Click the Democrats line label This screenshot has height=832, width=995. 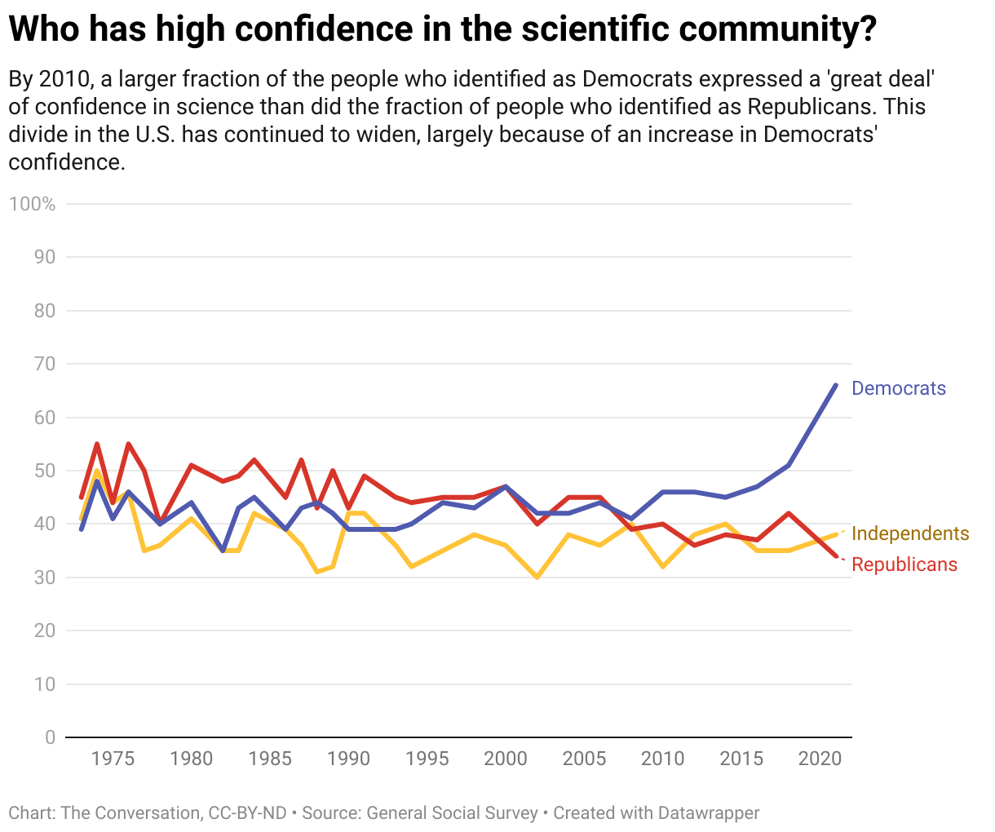click(898, 388)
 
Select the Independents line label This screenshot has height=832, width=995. click(910, 533)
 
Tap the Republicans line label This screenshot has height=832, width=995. click(904, 564)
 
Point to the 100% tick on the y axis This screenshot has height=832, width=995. click(33, 204)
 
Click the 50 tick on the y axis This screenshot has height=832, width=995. click(45, 471)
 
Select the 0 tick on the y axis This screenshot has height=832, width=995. click(51, 737)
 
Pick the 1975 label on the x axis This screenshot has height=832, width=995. click(113, 759)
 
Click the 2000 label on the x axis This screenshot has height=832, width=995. click(506, 759)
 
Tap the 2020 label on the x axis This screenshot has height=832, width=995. click(820, 759)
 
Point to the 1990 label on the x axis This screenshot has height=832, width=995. click(348, 759)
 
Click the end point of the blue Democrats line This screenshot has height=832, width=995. click(835, 385)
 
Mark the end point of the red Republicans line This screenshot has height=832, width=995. click(835, 556)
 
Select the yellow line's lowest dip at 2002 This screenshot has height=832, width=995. click(537, 577)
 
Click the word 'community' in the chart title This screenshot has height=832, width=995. click(767, 29)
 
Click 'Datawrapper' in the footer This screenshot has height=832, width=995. click(708, 813)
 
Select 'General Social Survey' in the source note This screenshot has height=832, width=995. click(452, 813)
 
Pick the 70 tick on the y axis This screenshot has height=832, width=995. click(45, 364)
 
